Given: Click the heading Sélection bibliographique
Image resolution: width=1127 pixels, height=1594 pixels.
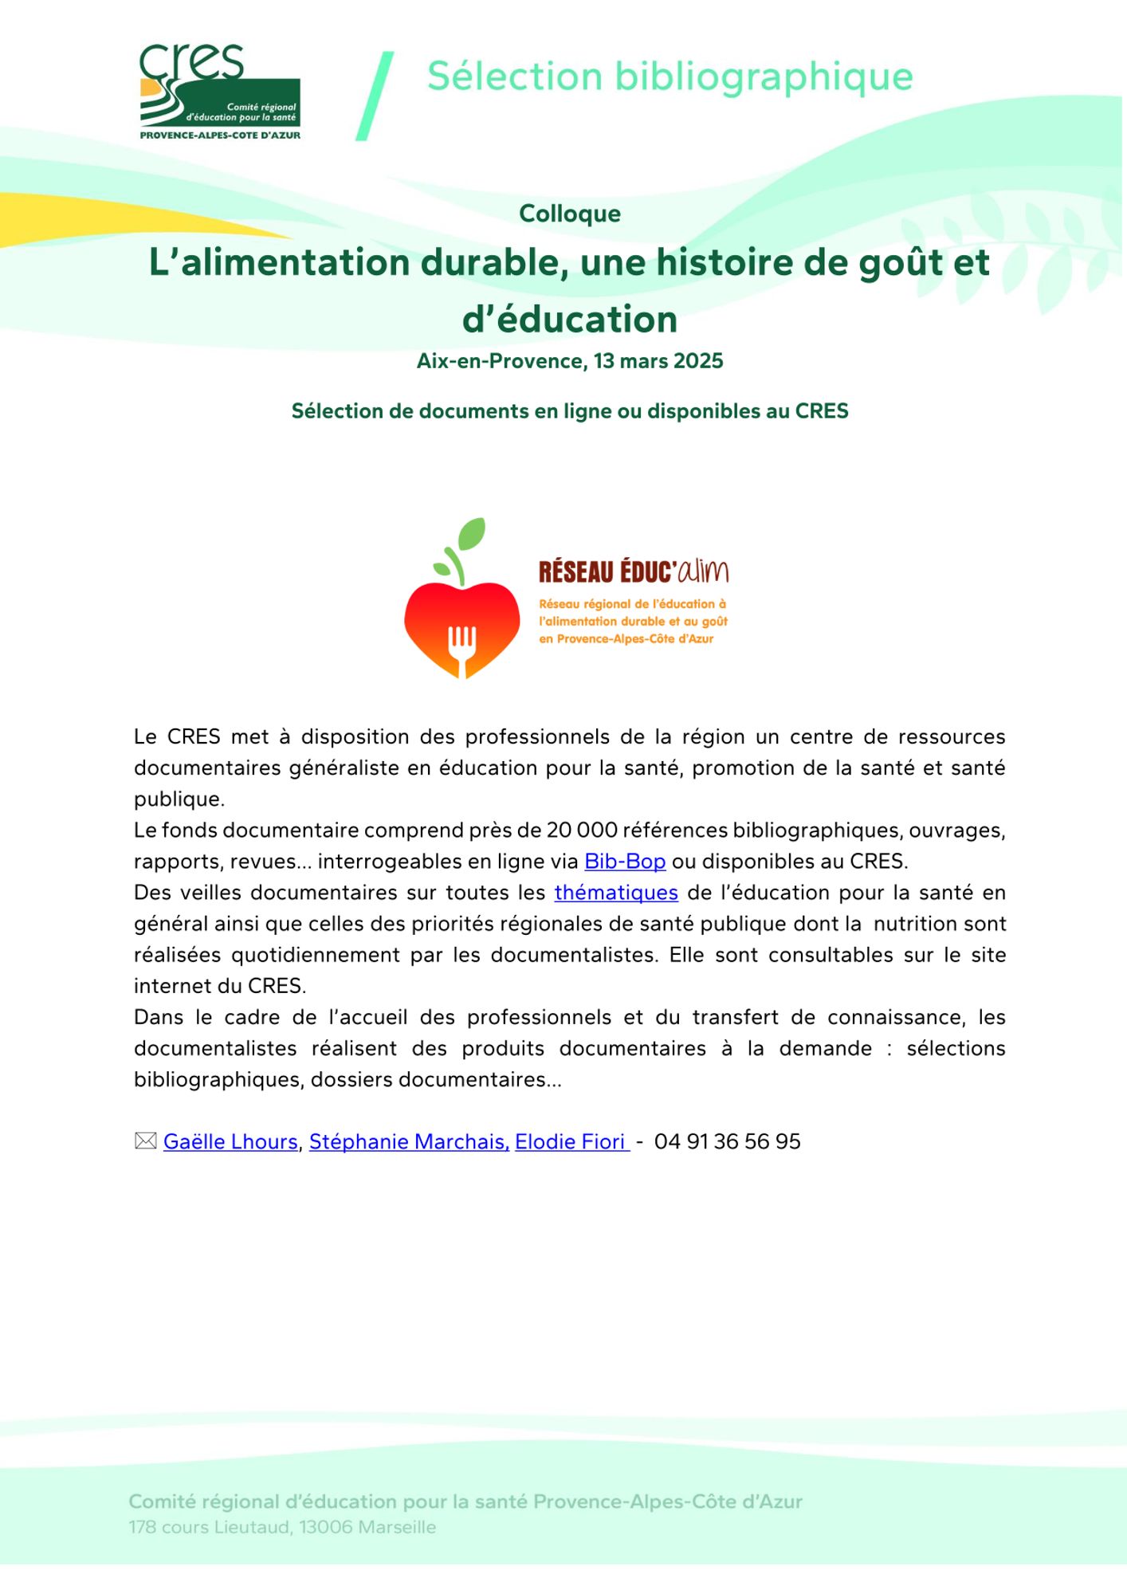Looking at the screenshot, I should pyautogui.click(x=670, y=77).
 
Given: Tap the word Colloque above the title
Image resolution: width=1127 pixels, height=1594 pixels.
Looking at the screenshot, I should pyautogui.click(x=570, y=214).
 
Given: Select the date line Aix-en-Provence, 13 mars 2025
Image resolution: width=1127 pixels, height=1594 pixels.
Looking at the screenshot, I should pyautogui.click(x=570, y=361).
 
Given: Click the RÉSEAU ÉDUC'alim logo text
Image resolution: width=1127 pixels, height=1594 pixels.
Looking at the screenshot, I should pyautogui.click(x=634, y=571).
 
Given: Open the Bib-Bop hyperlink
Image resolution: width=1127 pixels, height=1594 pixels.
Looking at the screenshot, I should pyautogui.click(x=625, y=862).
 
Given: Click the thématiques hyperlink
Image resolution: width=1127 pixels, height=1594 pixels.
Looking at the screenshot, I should pyautogui.click(x=616, y=893).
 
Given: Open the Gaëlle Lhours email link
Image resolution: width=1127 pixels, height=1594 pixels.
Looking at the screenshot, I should pyautogui.click(x=230, y=1142).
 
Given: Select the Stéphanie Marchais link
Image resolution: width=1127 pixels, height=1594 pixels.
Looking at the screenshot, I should pyautogui.click(x=409, y=1142).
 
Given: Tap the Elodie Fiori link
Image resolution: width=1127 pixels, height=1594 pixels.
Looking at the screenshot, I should pyautogui.click(x=570, y=1142).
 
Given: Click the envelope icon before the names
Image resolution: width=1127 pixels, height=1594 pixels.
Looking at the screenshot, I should pyautogui.click(x=145, y=1141).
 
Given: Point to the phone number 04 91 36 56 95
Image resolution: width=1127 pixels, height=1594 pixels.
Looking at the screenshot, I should pyautogui.click(x=727, y=1142).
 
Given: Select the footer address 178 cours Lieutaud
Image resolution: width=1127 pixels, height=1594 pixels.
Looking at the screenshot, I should pyautogui.click(x=282, y=1528).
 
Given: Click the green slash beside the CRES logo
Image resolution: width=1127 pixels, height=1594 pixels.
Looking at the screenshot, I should pyautogui.click(x=375, y=96).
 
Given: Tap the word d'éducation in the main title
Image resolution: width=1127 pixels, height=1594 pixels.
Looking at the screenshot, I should pyautogui.click(x=570, y=319).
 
